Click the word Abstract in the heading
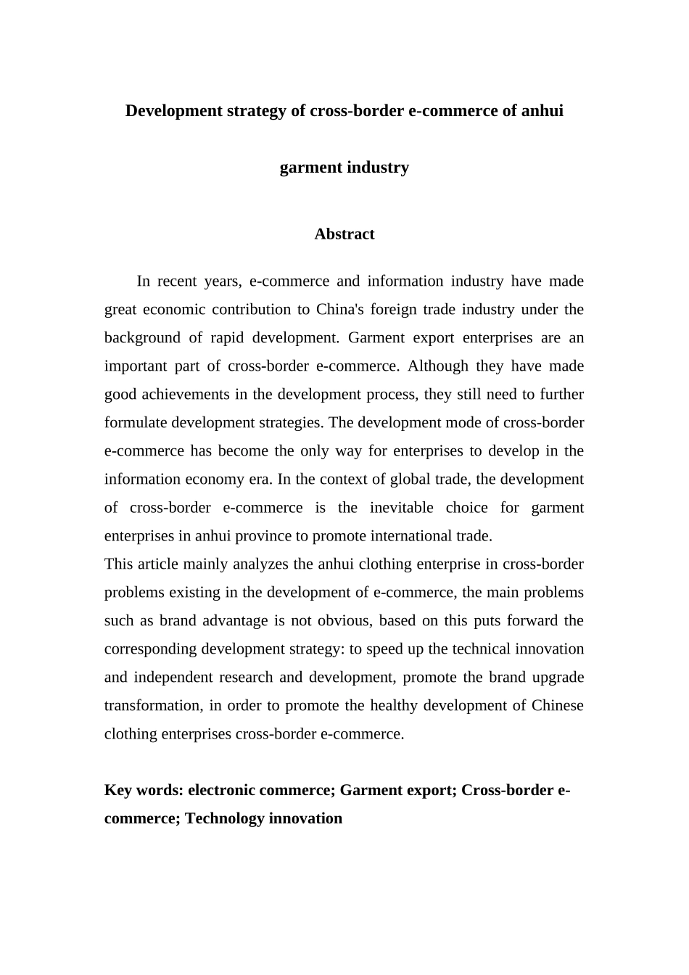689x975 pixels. click(x=344, y=234)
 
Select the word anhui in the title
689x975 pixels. click(x=542, y=111)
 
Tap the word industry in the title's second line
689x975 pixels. click(x=378, y=168)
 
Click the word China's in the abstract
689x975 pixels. click(x=339, y=310)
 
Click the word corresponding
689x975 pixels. click(x=151, y=649)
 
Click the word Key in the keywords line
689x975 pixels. click(x=118, y=790)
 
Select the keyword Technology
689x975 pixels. click(x=225, y=818)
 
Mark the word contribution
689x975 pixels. click(x=251, y=310)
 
